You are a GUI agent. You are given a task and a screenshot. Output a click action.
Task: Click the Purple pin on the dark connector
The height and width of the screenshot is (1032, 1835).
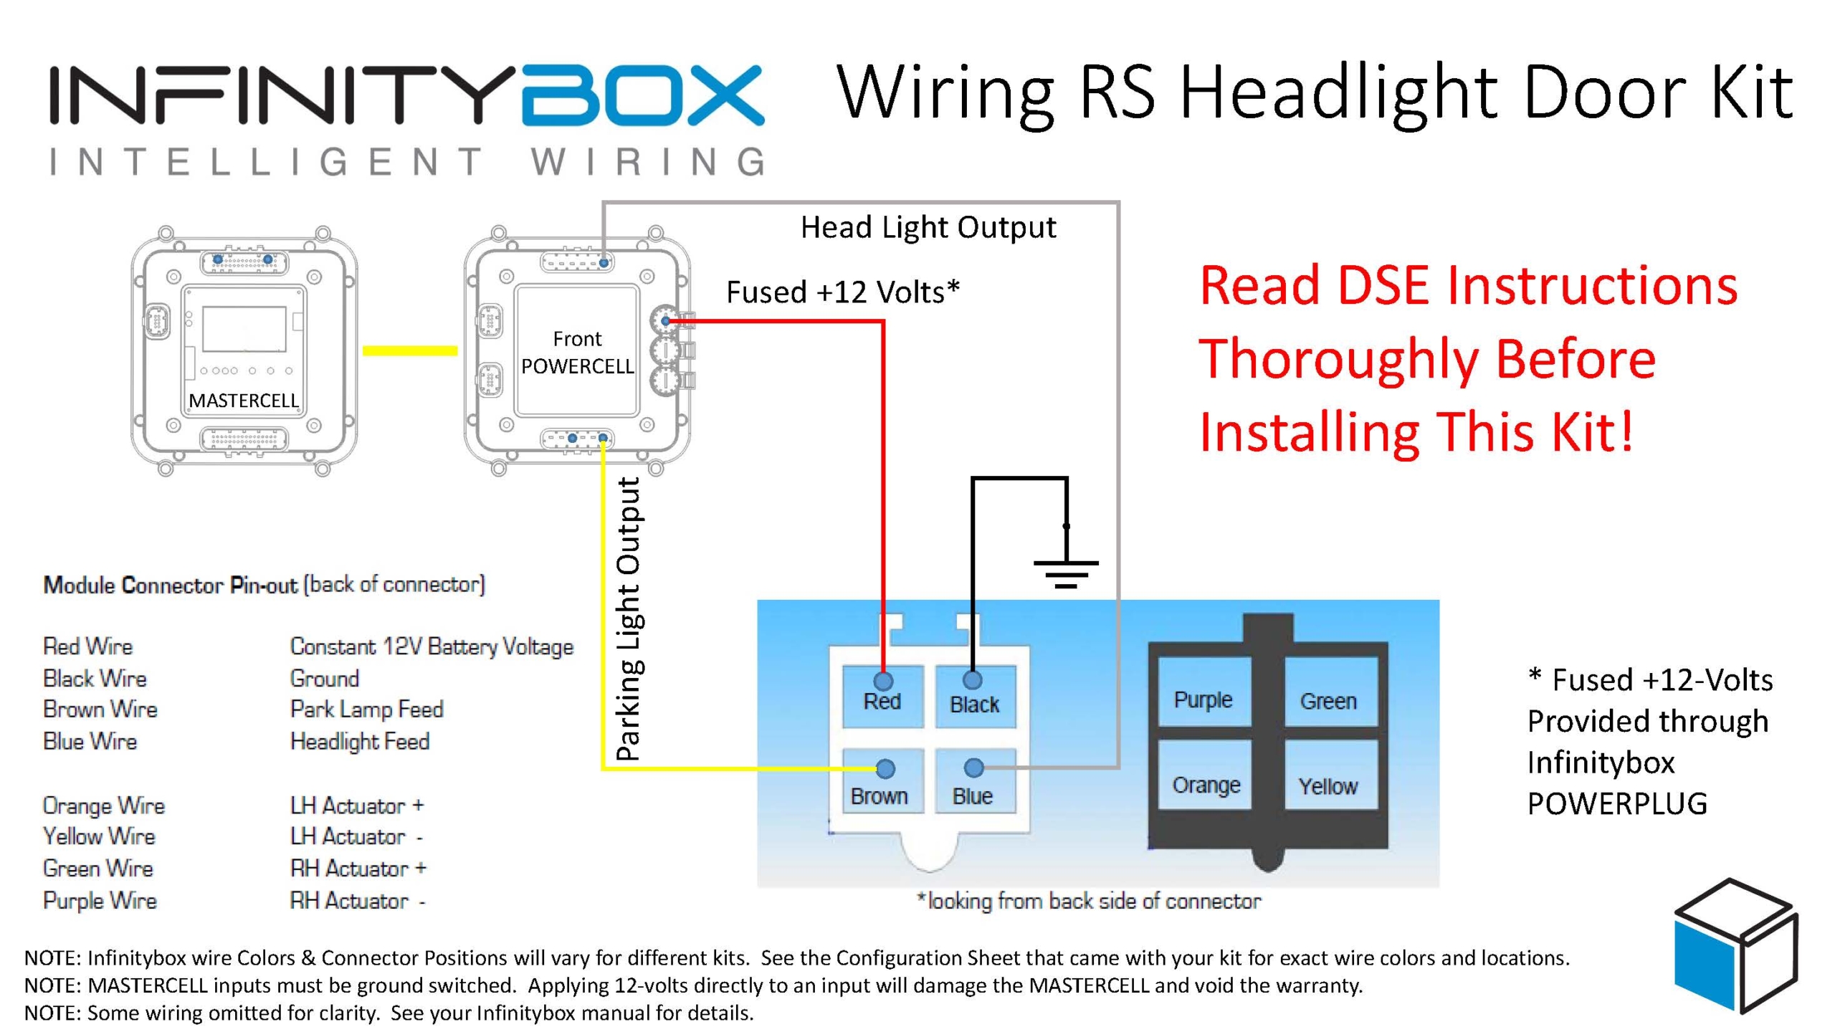coord(1204,692)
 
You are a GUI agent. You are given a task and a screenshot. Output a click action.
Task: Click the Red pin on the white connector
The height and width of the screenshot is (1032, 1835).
coord(882,696)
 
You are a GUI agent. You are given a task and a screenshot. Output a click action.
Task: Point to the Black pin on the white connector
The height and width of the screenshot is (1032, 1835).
coord(975,697)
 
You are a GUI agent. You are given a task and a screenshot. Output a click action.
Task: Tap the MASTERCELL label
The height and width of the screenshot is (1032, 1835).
coord(243,400)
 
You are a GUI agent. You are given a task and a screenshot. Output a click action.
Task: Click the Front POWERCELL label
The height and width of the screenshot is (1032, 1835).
coord(577,353)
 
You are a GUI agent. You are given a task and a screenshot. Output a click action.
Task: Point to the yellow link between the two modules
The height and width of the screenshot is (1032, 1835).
coord(410,350)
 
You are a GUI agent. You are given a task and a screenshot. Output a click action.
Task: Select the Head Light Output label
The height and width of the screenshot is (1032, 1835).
coord(928,227)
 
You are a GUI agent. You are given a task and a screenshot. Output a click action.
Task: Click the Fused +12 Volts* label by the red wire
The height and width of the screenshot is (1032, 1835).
coord(843,292)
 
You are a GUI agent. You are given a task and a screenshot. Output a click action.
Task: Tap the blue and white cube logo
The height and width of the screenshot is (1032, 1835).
coord(1735,945)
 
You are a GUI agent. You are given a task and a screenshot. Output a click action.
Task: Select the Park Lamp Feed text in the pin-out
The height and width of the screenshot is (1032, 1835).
coord(366,709)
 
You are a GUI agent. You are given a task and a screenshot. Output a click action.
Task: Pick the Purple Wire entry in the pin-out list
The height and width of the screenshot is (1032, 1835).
coord(100,900)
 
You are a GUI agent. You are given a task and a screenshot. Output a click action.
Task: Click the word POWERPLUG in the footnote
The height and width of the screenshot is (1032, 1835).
coord(1617,804)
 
